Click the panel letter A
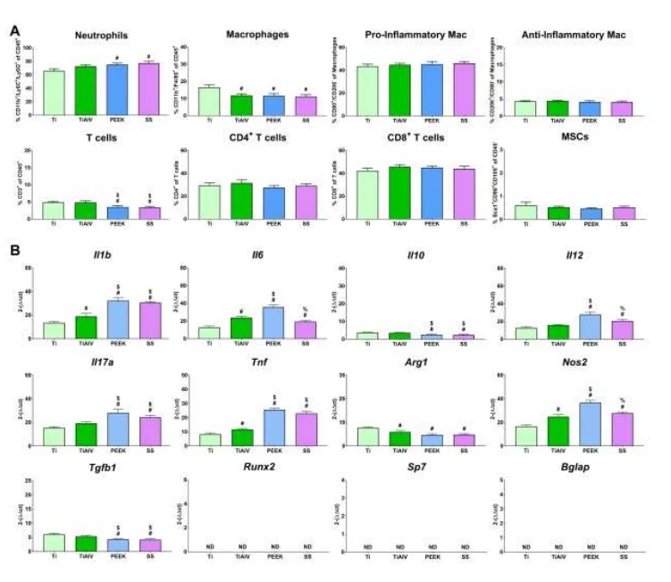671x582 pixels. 14,29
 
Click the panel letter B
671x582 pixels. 15,253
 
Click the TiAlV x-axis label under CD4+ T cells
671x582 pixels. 240,223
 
